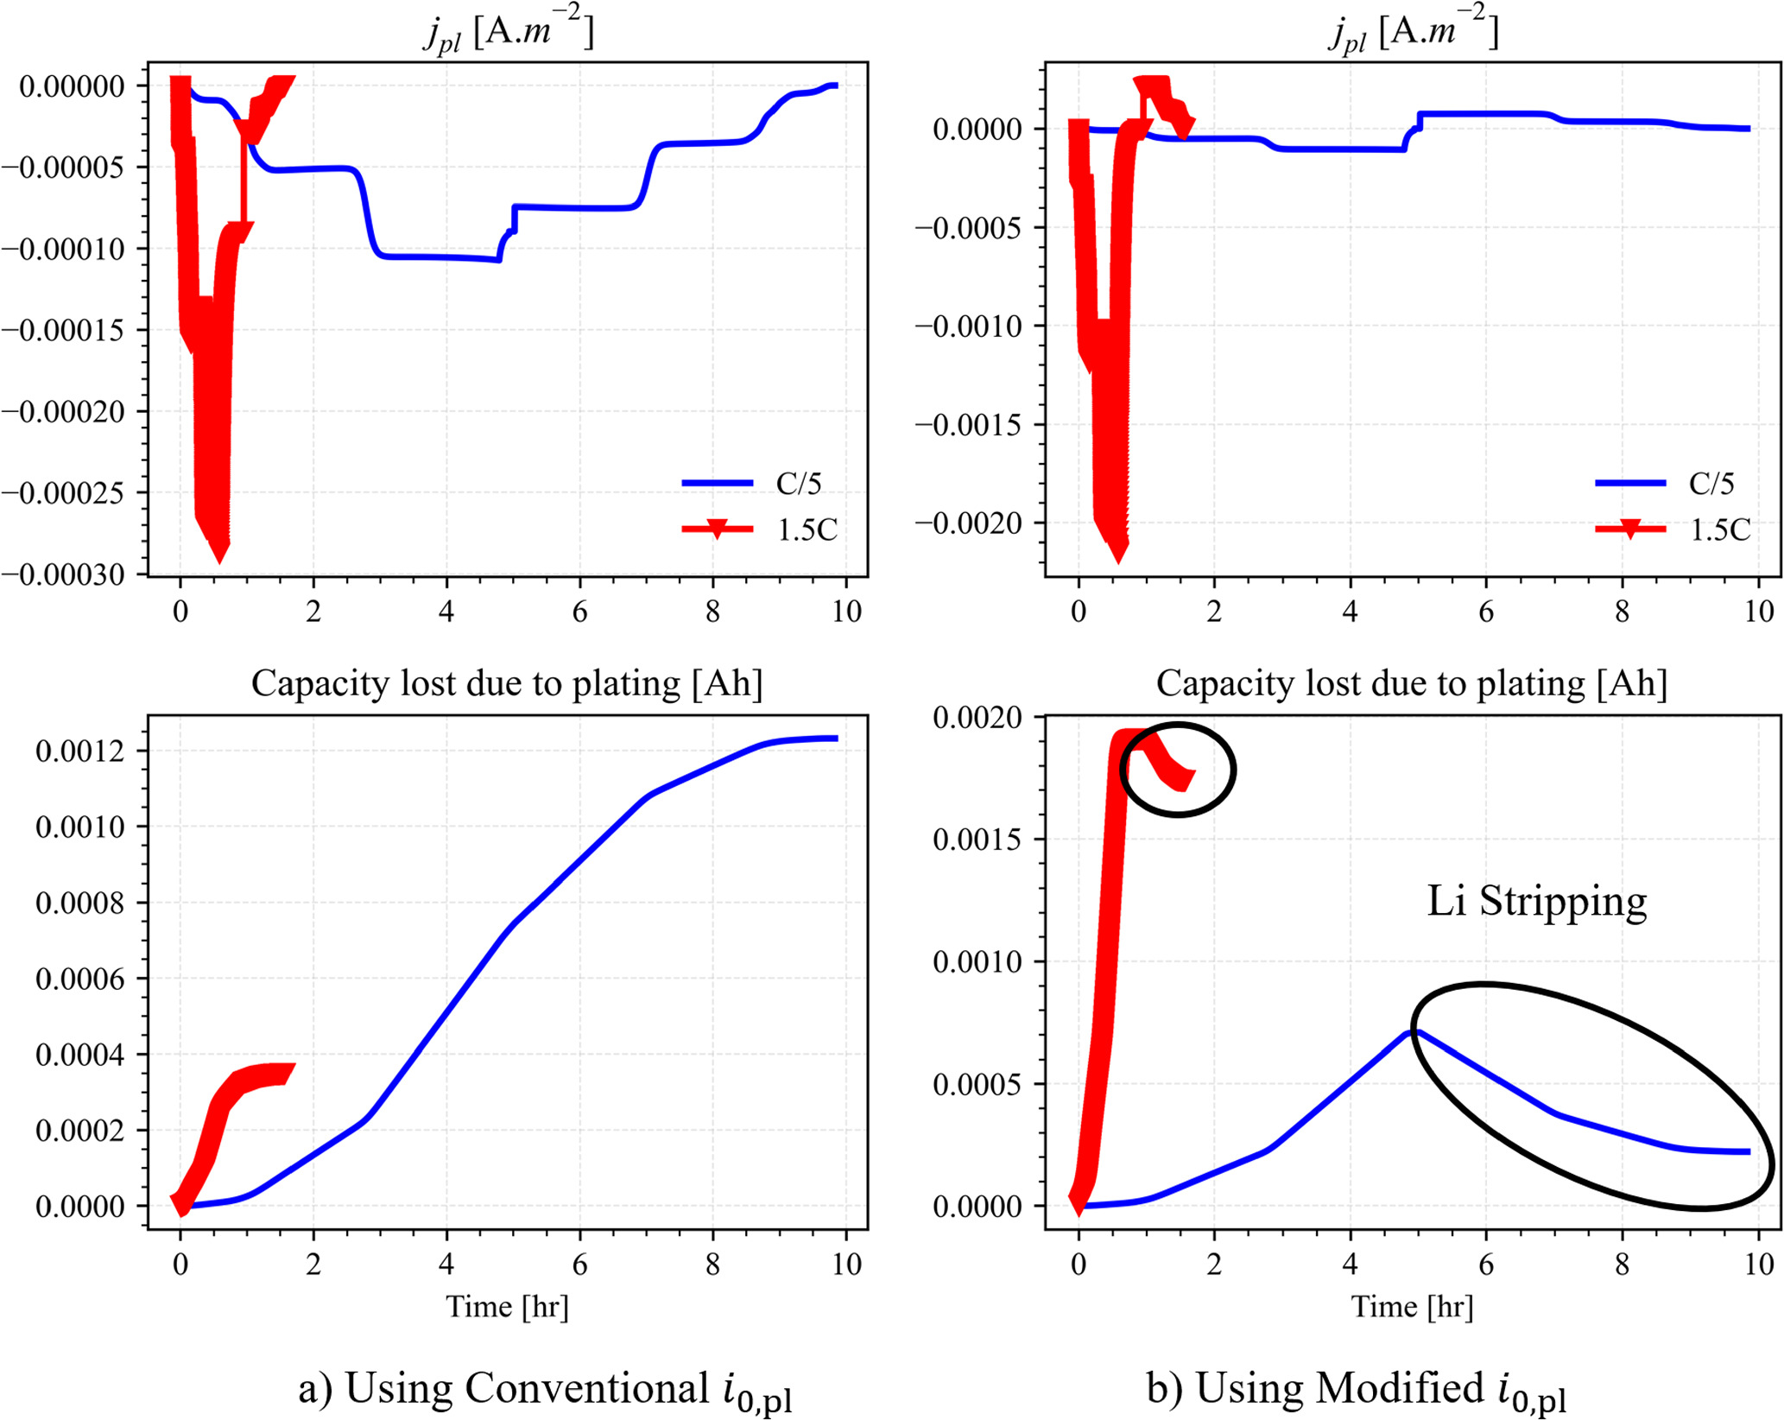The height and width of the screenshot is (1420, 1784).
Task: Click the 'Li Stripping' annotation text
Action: tap(1536, 901)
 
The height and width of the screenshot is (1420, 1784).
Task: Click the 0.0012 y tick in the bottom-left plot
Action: tap(79, 751)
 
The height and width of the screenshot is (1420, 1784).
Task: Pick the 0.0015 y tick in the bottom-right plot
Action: tap(977, 839)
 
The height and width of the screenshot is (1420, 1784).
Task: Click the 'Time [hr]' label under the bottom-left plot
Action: tap(507, 1307)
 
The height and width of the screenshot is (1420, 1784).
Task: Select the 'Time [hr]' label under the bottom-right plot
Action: tap(1412, 1307)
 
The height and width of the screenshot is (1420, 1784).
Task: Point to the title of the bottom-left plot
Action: tap(507, 683)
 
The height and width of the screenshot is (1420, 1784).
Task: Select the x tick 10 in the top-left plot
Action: tap(846, 612)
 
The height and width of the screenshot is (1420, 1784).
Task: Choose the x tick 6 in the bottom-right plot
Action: tap(1485, 1264)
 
